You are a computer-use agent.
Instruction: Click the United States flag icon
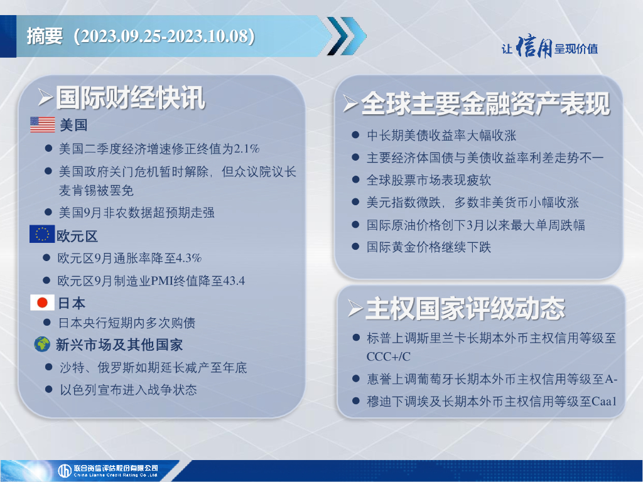[42, 125]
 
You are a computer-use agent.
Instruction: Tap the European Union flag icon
[42, 234]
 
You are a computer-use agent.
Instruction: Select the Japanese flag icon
[42, 303]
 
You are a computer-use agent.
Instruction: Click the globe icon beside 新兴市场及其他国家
[42, 345]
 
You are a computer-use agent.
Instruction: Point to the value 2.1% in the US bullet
[246, 148]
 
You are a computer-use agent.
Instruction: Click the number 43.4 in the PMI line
[234, 281]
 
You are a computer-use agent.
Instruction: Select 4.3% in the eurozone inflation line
[188, 258]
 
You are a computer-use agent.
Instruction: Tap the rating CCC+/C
[388, 356]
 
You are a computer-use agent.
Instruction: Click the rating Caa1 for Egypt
[604, 401]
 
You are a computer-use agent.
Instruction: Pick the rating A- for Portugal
[611, 379]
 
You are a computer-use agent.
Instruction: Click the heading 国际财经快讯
[131, 99]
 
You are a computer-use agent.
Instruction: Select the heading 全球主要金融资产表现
[485, 104]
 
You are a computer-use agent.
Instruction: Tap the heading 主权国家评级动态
[465, 309]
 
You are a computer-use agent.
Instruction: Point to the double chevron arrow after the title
[347, 36]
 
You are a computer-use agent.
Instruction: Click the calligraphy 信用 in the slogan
[534, 47]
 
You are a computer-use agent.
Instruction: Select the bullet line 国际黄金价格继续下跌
[428, 247]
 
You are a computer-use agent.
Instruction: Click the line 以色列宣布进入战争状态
[128, 389]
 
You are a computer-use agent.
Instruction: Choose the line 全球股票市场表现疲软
[428, 180]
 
